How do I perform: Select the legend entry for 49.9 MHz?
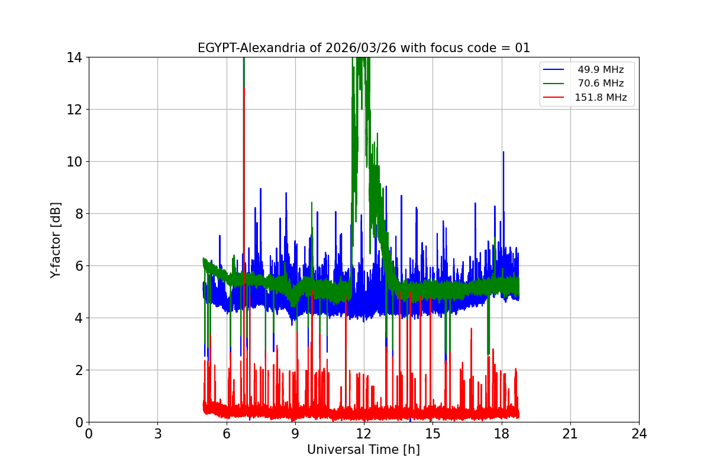(601, 69)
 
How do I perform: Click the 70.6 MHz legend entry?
(601, 84)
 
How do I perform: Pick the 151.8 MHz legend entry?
(601, 98)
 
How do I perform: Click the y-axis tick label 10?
(74, 162)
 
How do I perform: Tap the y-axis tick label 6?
(78, 266)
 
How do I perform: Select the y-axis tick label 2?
(78, 370)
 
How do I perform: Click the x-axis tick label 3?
(157, 434)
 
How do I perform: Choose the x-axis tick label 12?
(364, 434)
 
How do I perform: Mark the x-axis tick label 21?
(570, 434)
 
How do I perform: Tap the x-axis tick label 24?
(639, 434)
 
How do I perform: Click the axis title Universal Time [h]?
(363, 450)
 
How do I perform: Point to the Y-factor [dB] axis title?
(56, 240)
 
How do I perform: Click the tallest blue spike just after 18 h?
(504, 153)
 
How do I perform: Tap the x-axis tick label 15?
(433, 434)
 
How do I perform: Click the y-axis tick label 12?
(74, 110)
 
